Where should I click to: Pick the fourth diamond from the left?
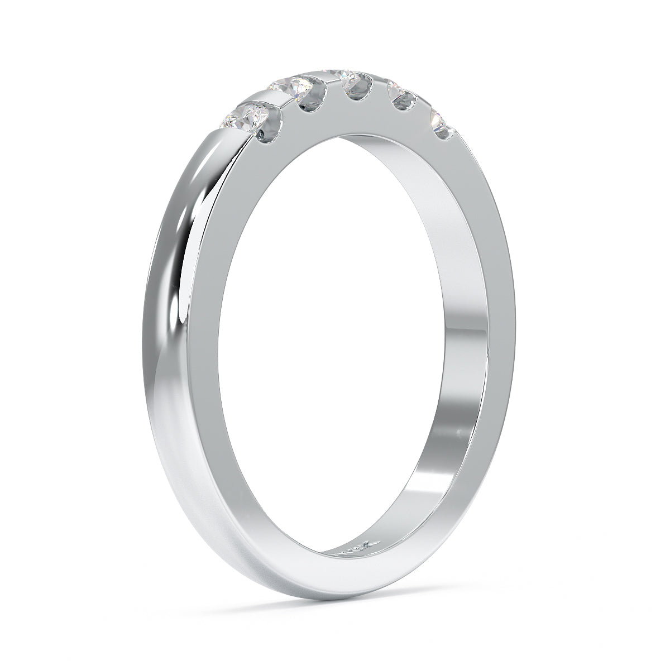point(398,89)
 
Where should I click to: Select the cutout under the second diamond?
point(310,100)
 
